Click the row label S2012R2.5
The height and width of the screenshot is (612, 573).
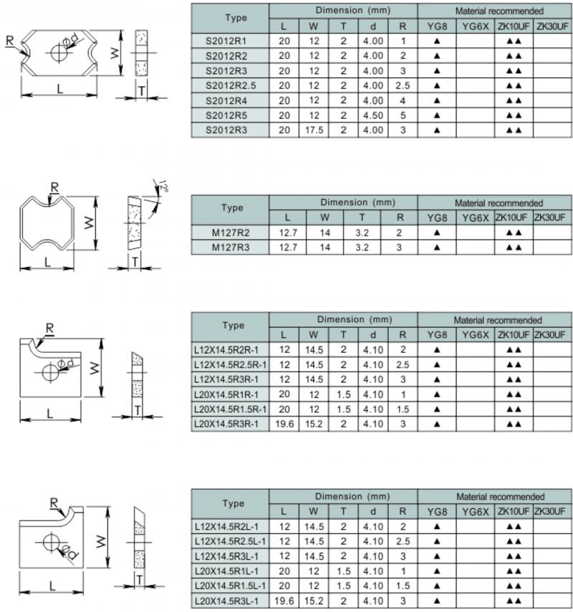click(x=231, y=86)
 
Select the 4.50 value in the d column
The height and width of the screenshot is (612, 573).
click(x=373, y=115)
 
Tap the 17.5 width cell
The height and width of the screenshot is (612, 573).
click(x=314, y=130)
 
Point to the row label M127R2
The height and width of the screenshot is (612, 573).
click(x=231, y=233)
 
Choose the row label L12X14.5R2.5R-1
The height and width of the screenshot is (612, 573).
click(x=231, y=365)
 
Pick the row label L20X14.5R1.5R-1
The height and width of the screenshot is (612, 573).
click(x=231, y=409)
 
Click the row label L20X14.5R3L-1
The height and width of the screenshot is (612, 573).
click(x=231, y=601)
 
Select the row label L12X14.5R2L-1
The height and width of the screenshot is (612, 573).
click(x=231, y=527)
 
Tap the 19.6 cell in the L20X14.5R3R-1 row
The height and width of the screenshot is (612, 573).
click(x=284, y=424)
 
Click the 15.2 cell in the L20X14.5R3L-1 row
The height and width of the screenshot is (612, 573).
click(x=314, y=601)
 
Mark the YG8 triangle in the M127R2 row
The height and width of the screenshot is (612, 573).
click(x=436, y=233)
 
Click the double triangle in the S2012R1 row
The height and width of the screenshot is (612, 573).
click(x=514, y=42)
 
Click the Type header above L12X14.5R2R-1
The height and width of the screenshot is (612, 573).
click(x=233, y=326)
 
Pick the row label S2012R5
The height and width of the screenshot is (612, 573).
click(x=231, y=115)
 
